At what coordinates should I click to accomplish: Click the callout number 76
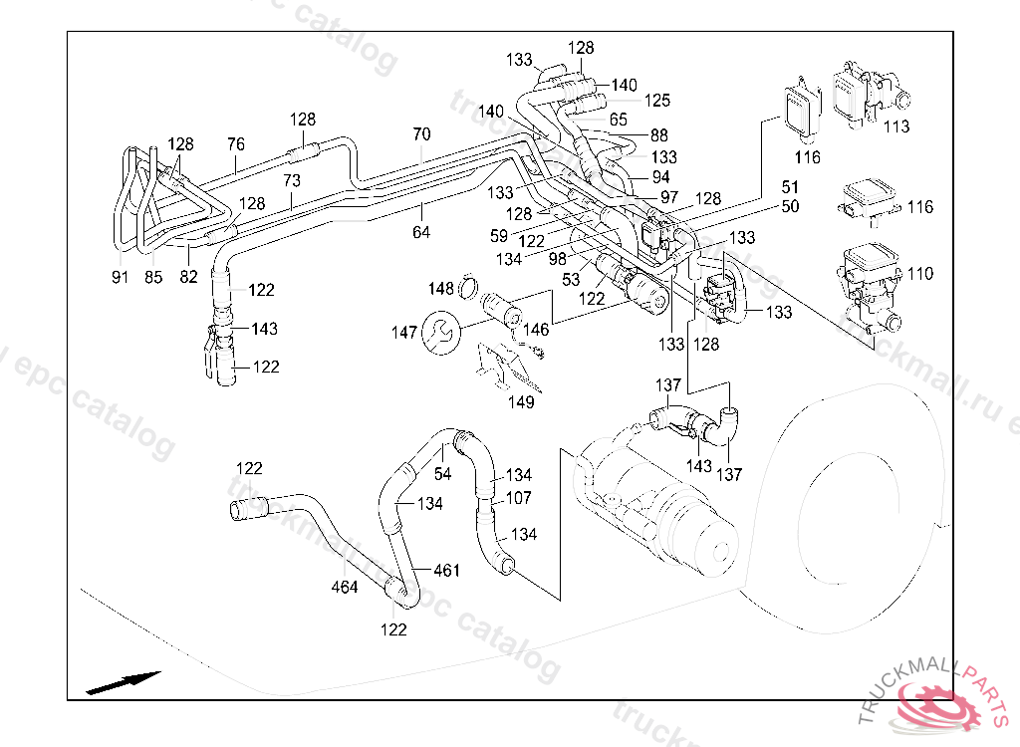(235, 144)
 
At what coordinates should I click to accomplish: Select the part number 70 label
(421, 134)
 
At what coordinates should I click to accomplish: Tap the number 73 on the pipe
(292, 181)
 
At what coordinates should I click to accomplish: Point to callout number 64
(421, 232)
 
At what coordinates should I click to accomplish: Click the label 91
(121, 277)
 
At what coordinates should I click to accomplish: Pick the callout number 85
(154, 277)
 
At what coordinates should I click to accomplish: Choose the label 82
(189, 277)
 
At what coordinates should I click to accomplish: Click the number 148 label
(441, 289)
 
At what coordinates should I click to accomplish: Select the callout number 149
(521, 402)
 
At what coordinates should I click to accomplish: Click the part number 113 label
(896, 126)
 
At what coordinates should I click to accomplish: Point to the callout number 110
(921, 274)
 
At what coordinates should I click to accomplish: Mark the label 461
(447, 571)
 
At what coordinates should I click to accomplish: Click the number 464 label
(345, 588)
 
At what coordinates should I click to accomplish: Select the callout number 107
(519, 498)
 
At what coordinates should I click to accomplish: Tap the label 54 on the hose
(442, 474)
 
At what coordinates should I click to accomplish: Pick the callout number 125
(656, 101)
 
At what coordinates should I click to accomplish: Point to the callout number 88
(659, 135)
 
